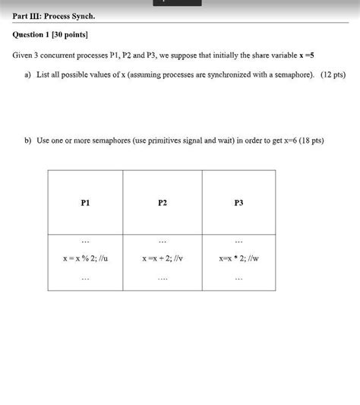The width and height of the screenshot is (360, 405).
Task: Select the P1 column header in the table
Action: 84,202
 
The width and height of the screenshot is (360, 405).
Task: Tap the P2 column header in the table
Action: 163,202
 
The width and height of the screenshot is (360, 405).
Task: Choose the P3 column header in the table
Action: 239,202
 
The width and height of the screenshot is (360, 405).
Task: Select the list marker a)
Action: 27,75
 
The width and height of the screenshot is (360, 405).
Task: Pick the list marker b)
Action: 27,141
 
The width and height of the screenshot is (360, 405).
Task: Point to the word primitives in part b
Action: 157,141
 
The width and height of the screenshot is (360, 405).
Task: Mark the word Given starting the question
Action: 22,55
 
